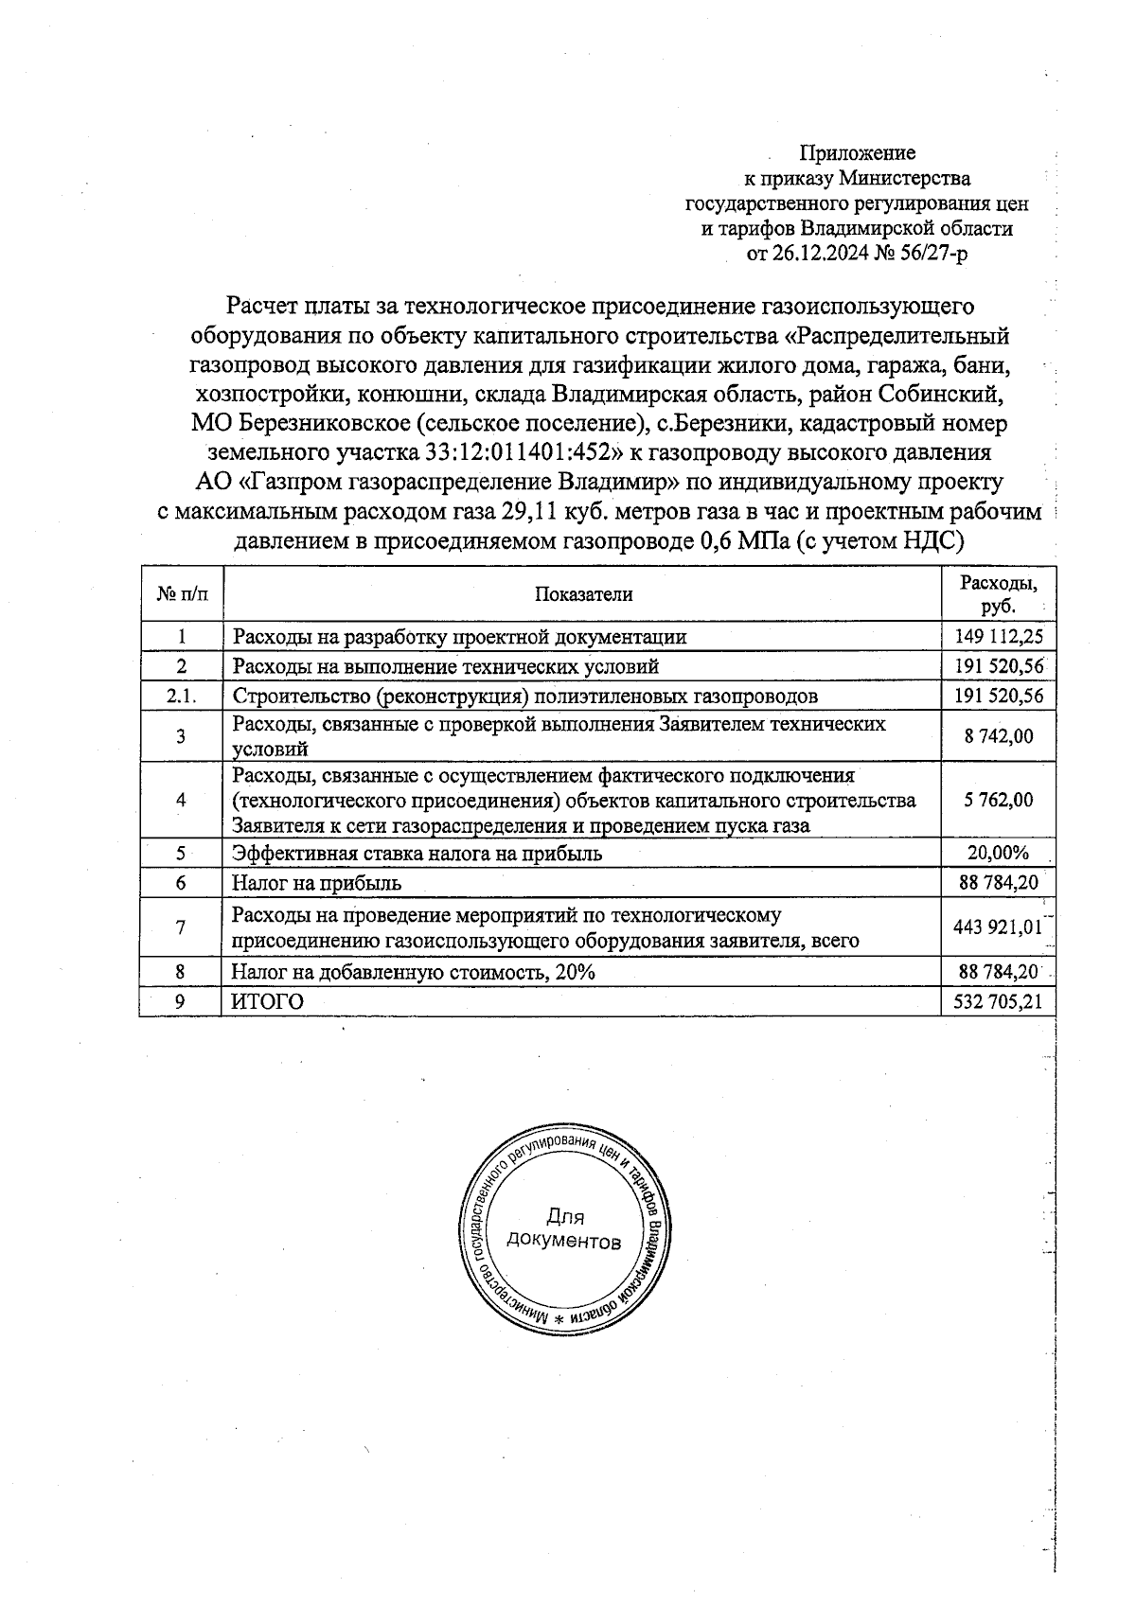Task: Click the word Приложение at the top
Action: (858, 152)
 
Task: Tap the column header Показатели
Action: (583, 594)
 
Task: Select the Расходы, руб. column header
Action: (998, 594)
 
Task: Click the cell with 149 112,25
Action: (998, 636)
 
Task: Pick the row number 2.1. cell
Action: (180, 697)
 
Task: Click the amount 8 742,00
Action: (998, 736)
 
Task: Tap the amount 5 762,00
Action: (998, 800)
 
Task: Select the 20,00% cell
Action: (998, 853)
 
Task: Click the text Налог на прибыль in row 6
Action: (317, 883)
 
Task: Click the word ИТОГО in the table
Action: (269, 1001)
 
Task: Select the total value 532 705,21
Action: (998, 1001)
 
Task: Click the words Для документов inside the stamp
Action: (564, 1228)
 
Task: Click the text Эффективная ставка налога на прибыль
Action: (417, 853)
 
